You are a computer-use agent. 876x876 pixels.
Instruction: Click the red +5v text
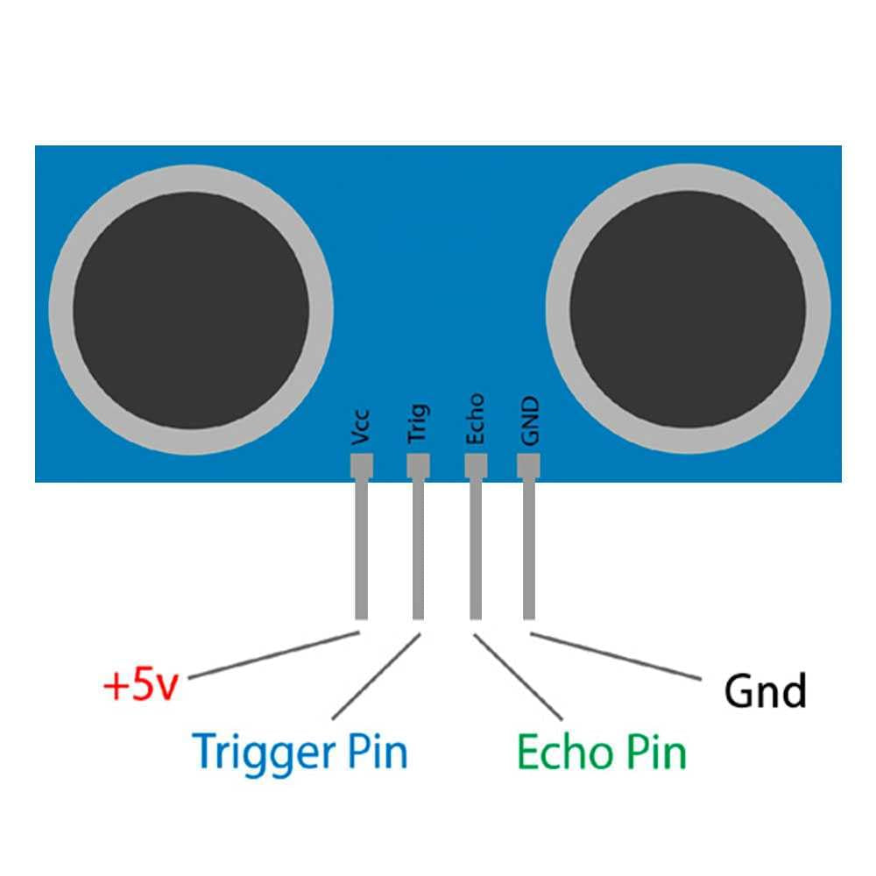coord(140,686)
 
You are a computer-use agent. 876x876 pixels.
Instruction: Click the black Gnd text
coord(764,691)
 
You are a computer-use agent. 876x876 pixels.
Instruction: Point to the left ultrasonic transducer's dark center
coord(191,312)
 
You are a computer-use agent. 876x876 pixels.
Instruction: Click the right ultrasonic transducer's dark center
coord(687,312)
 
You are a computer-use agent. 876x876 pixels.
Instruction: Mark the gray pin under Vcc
coord(361,547)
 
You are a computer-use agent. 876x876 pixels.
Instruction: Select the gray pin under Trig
coord(418,547)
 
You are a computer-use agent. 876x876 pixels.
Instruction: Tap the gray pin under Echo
coord(475,547)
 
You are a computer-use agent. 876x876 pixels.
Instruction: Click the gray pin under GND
coord(528,547)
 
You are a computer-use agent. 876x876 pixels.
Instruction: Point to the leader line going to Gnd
coord(617,656)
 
